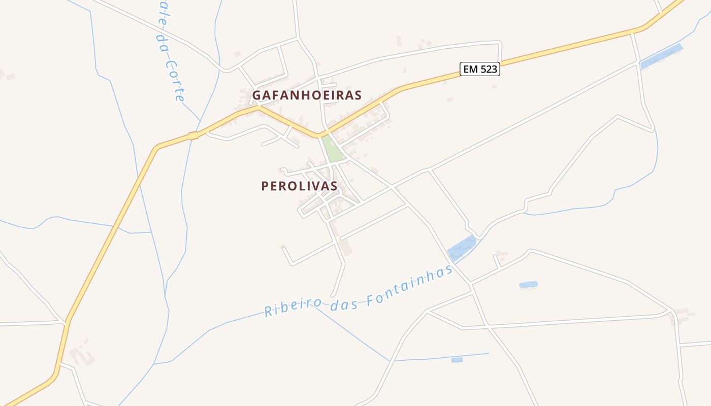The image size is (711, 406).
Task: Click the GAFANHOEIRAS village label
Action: pyautogui.click(x=307, y=95)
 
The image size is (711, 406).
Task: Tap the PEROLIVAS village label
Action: pyautogui.click(x=299, y=186)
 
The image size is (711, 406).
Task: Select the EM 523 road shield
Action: pyautogui.click(x=480, y=69)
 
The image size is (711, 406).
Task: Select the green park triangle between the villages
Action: pyautogui.click(x=332, y=150)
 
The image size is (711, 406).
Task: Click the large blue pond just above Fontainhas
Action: pyautogui.click(x=462, y=248)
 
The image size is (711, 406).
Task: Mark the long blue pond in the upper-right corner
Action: pyautogui.click(x=661, y=56)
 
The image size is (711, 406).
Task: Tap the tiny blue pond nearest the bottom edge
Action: pyautogui.click(x=457, y=360)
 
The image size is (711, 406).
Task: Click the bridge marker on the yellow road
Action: pyautogui.click(x=193, y=136)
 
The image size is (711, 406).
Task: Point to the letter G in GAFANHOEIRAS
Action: pyautogui.click(x=257, y=95)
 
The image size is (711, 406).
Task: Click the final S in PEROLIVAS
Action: pyautogui.click(x=334, y=186)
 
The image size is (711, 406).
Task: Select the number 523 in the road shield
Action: pyautogui.click(x=488, y=69)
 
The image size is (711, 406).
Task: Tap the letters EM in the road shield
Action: pyautogui.click(x=470, y=69)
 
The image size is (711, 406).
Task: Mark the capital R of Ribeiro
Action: pyautogui.click(x=268, y=310)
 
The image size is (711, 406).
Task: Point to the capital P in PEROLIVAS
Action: pyautogui.click(x=265, y=186)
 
